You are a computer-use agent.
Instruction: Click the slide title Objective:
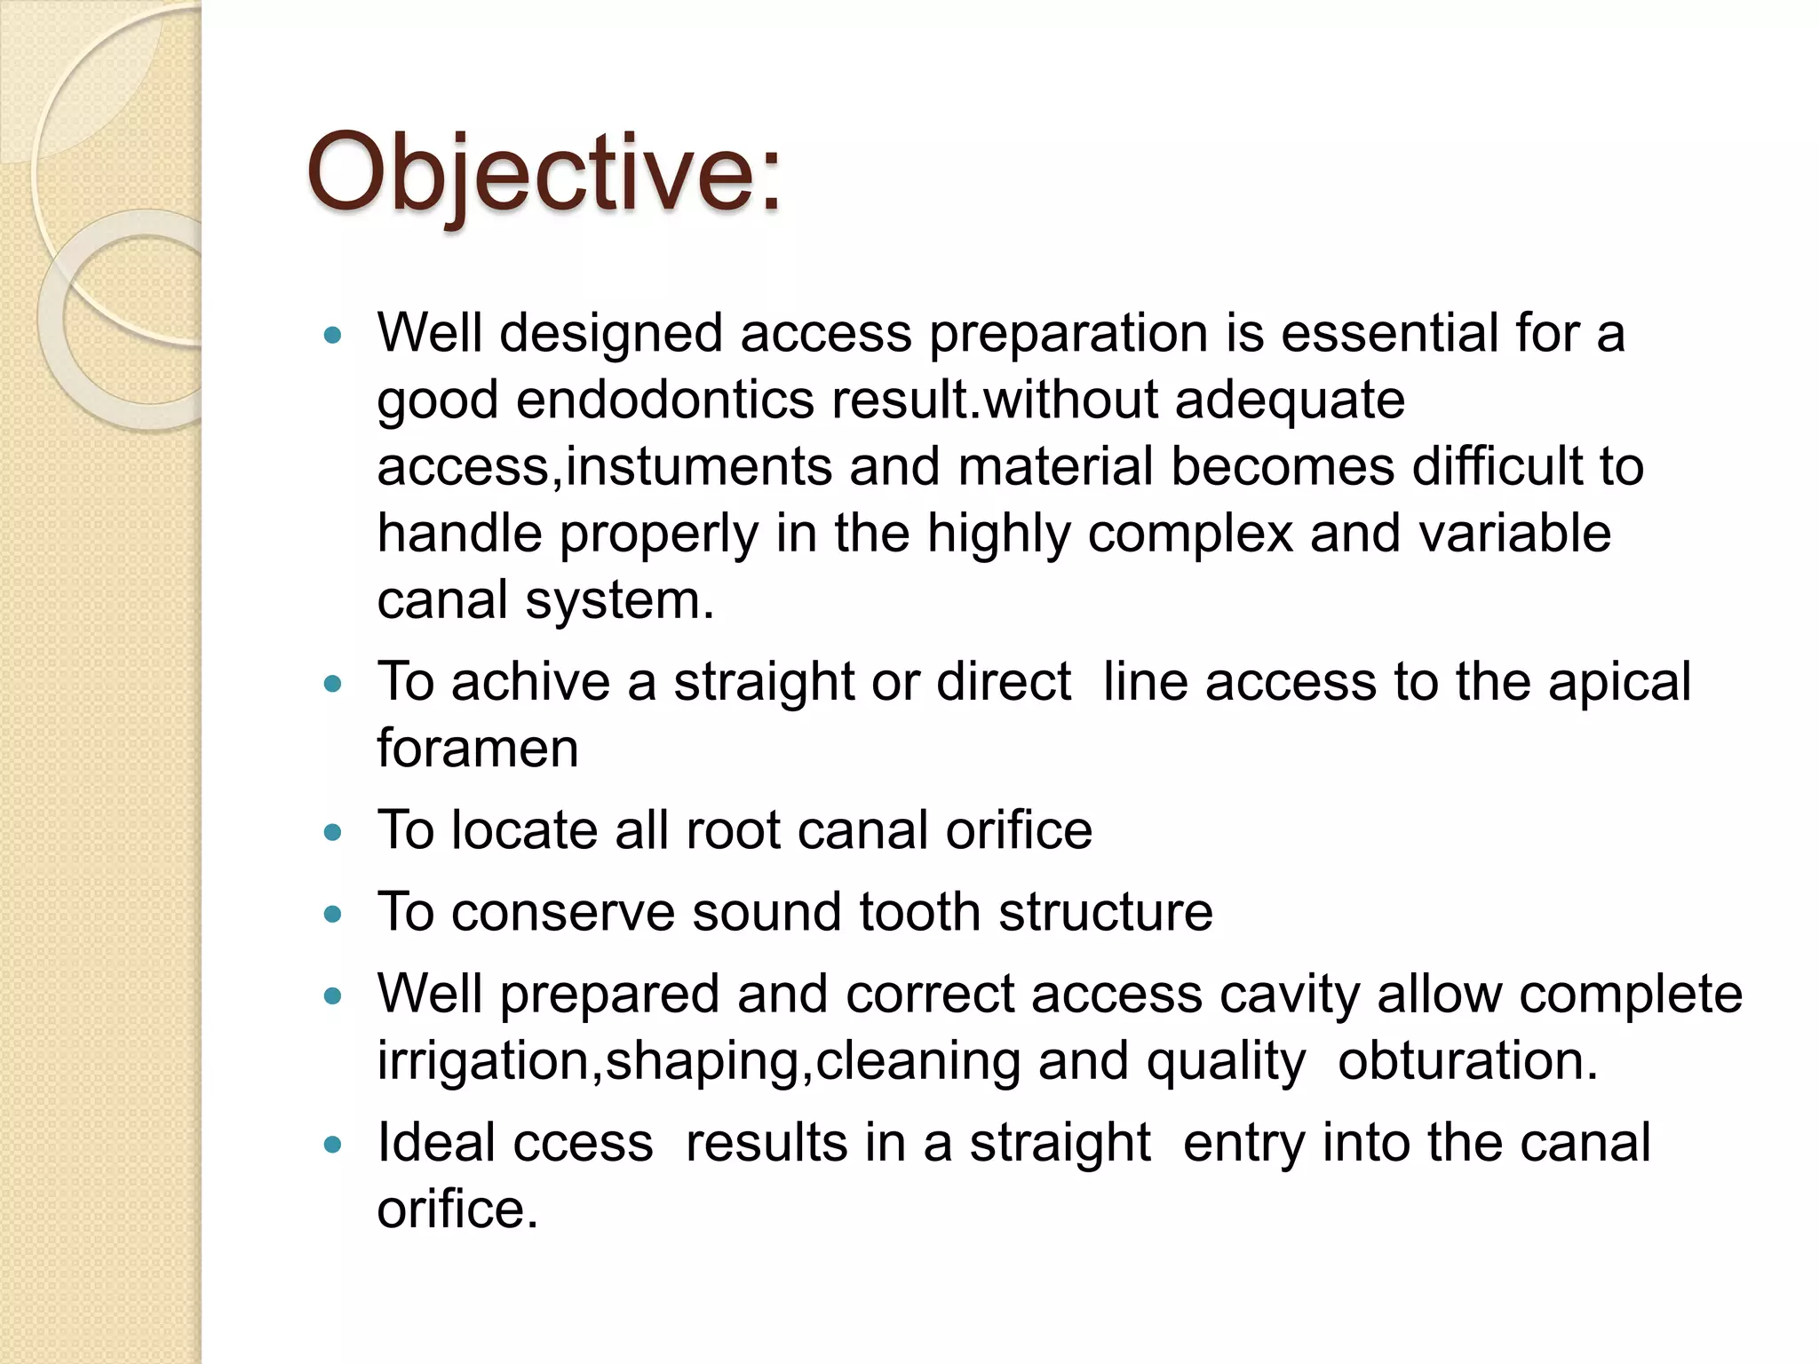(x=544, y=173)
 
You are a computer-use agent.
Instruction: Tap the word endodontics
(x=664, y=400)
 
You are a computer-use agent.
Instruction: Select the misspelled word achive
(x=530, y=682)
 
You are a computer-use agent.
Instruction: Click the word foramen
(x=477, y=748)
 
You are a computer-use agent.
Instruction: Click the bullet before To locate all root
(x=333, y=832)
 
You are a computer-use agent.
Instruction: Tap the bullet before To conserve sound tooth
(x=333, y=914)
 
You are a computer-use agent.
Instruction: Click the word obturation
(x=1467, y=1060)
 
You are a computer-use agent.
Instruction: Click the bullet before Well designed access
(x=333, y=336)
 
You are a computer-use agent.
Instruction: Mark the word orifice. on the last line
(x=457, y=1209)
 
